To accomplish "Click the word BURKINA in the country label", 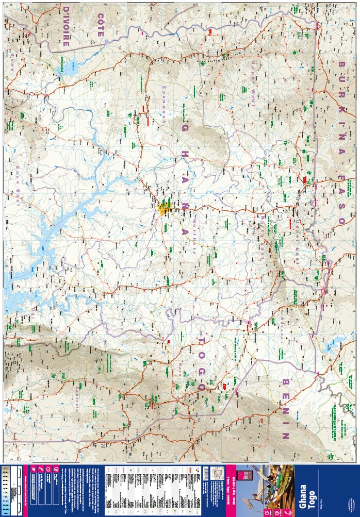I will [341, 91].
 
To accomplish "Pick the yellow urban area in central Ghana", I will [165, 209].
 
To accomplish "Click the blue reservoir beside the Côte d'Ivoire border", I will [68, 66].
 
